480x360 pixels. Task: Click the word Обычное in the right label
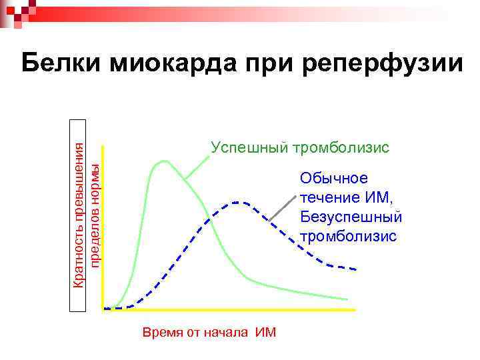coord(333,178)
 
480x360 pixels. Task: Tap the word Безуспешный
coord(351,217)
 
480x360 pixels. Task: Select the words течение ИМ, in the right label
coord(347,197)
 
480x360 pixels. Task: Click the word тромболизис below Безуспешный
coord(348,236)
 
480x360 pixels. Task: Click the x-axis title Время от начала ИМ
coord(209,333)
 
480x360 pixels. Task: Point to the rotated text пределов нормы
coord(95,215)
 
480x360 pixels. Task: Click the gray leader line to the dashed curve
coord(281,207)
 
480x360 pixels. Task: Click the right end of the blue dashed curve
coord(355,269)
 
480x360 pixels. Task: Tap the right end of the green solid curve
coord(347,299)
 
